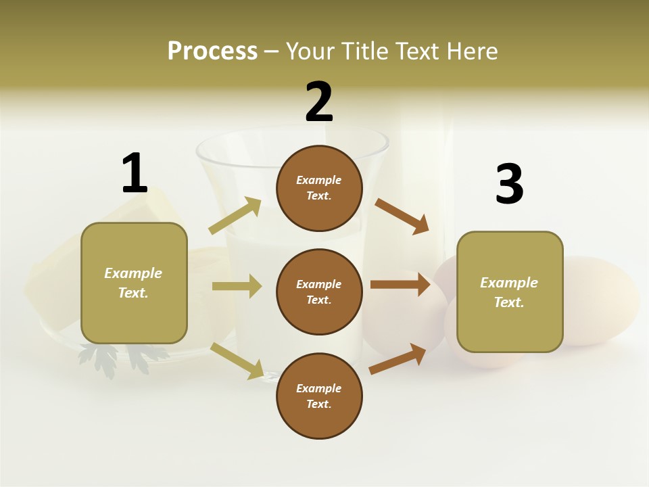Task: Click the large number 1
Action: pos(134,174)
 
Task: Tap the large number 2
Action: pos(319,102)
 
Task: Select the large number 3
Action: pos(509,185)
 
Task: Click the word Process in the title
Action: pos(212,51)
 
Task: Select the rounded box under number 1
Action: pos(134,283)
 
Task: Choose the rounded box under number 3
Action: pos(510,292)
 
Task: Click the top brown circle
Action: pos(319,188)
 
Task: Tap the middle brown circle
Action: pos(319,292)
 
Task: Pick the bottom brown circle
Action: pos(319,396)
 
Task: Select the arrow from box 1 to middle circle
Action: pos(237,286)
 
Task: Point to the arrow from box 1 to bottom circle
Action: pos(237,360)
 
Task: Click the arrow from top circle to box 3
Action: pos(402,216)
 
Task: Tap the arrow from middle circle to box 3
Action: pos(400,285)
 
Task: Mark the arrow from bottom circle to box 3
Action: pos(398,358)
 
